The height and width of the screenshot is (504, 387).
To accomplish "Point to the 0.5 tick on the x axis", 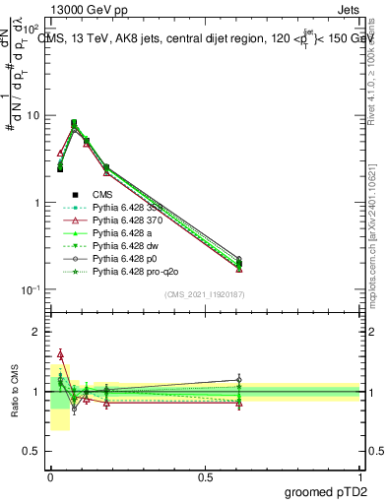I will [x=205, y=476].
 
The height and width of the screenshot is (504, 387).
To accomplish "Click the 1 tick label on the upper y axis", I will [x=36, y=203].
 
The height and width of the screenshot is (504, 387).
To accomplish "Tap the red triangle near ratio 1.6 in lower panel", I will [x=60, y=353].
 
